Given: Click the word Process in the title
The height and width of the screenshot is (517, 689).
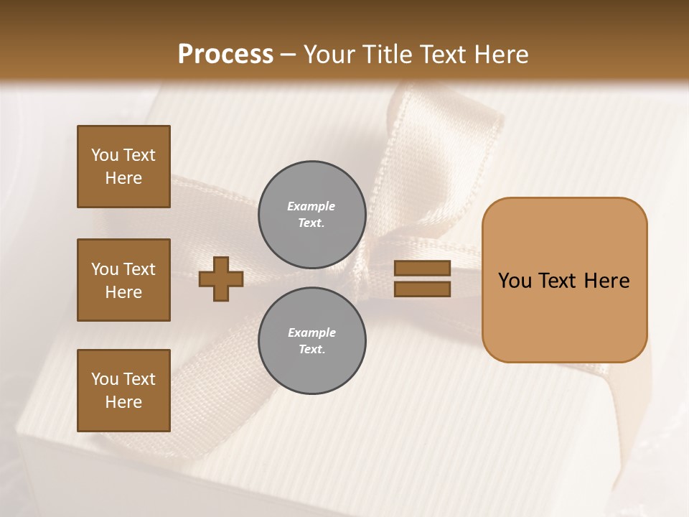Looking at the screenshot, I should pos(225,55).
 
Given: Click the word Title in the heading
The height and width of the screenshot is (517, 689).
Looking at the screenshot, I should pos(386,55).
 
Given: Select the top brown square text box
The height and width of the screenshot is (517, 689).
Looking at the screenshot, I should pos(123,167).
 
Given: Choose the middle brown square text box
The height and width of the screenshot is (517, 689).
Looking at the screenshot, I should pos(123,280).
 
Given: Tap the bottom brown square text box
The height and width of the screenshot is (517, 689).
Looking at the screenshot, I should pos(123,391).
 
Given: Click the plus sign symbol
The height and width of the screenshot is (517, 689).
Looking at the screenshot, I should pos(221,279).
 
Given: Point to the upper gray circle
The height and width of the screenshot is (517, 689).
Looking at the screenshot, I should pos(311,215).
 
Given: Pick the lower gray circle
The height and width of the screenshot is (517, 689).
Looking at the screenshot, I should pos(311,341).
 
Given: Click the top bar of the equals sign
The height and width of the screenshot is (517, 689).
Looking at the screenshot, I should pos(422,269).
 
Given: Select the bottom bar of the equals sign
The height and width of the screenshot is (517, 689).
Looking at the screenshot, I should pos(422,289).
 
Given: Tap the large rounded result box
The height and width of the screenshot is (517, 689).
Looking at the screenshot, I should pos(564,279).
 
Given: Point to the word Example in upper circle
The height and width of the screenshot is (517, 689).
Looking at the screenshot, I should pos(311,206).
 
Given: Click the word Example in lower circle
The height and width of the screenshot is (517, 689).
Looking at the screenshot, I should pos(311,332).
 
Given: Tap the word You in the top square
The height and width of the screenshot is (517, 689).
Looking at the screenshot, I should pos(104,155).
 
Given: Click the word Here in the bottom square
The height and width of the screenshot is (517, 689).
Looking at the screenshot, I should pos(123,402).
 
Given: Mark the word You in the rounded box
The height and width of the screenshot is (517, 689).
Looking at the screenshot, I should pos(515,280).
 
